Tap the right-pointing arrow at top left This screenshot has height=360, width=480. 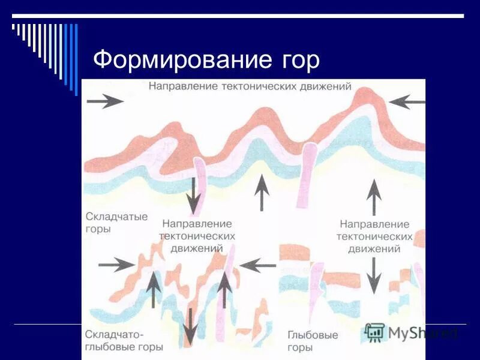(x=105, y=101)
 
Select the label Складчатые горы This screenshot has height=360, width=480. (x=116, y=223)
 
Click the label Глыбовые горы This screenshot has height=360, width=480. (x=313, y=341)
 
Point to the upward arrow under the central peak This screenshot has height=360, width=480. (x=261, y=191)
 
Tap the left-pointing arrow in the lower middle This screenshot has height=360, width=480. (x=258, y=263)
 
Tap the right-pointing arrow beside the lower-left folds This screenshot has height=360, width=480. (x=116, y=263)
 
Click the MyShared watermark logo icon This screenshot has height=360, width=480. (x=374, y=332)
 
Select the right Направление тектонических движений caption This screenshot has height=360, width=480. (x=373, y=236)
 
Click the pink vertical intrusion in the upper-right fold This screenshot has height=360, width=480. (x=308, y=171)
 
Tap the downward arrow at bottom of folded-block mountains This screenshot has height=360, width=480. (x=190, y=327)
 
